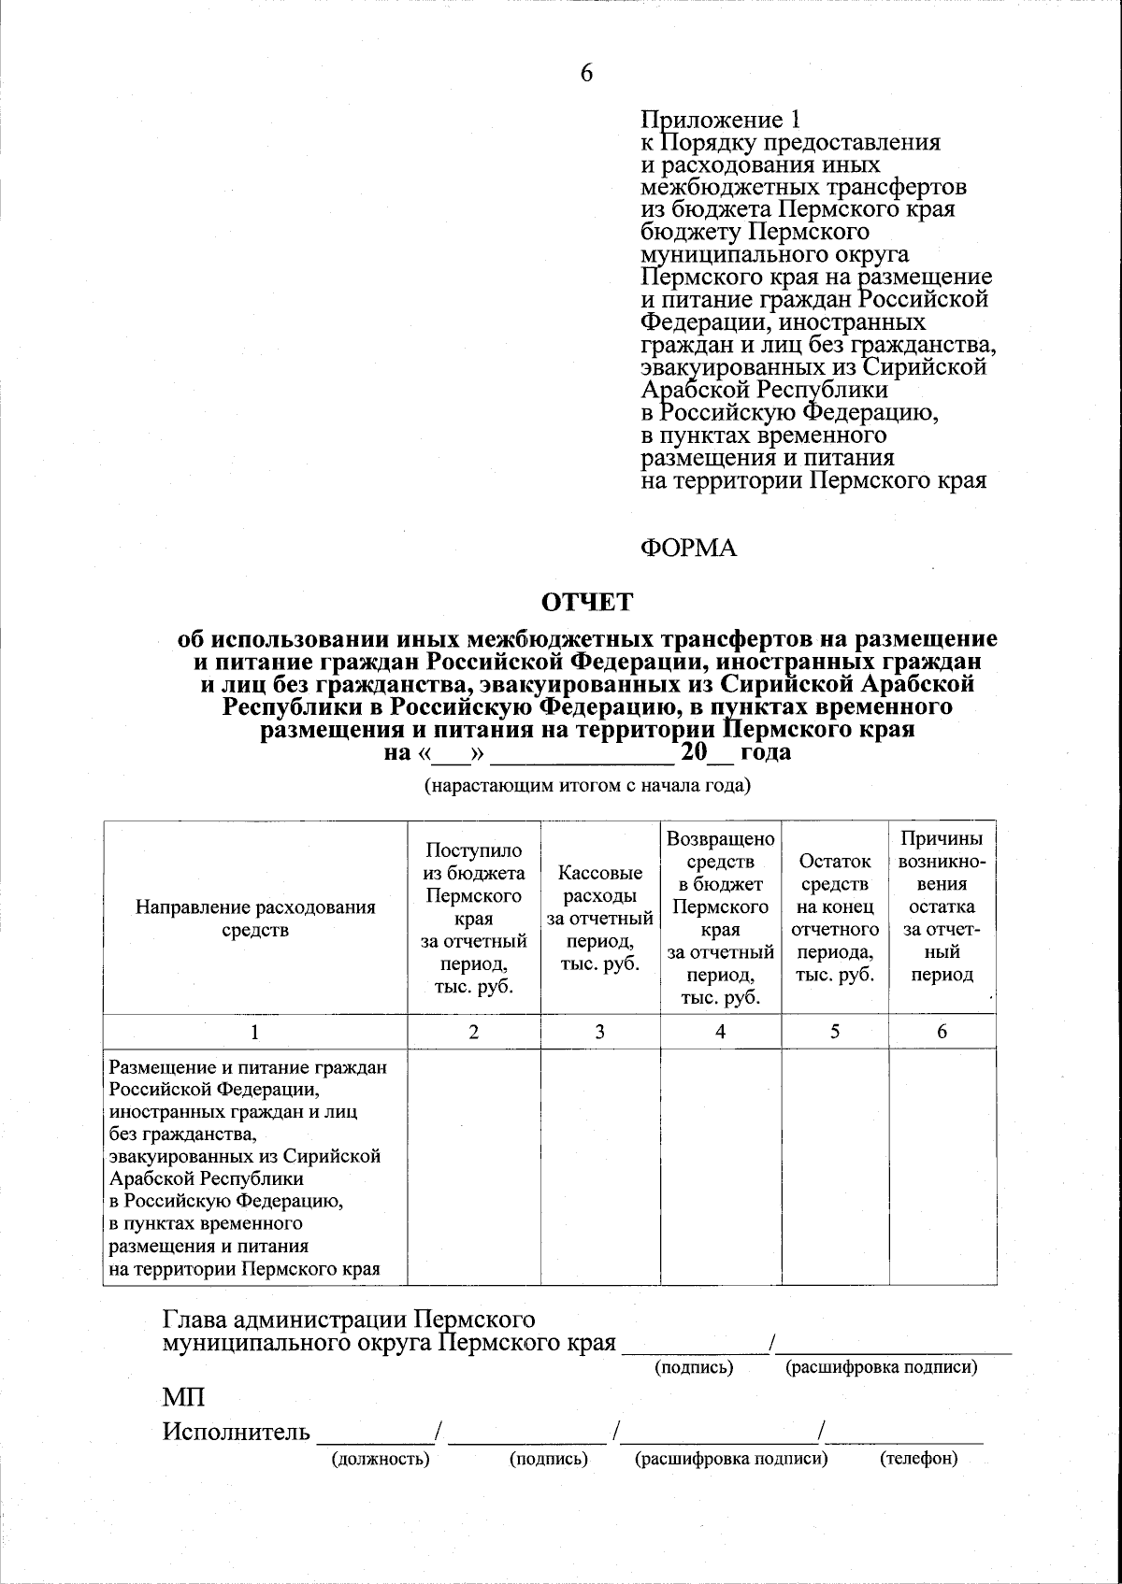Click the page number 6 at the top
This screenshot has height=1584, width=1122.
[586, 74]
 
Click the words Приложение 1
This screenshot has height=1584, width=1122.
[720, 121]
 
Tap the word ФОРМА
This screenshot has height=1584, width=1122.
[688, 549]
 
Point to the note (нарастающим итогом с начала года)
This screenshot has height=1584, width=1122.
[588, 785]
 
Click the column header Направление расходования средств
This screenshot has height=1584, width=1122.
[255, 918]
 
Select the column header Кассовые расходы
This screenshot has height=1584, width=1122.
[599, 918]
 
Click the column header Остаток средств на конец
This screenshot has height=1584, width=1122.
[835, 918]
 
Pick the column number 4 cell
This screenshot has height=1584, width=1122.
[720, 1032]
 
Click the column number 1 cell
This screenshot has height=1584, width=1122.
[255, 1032]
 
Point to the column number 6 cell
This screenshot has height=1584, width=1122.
[942, 1032]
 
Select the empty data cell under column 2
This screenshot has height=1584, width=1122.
[474, 1166]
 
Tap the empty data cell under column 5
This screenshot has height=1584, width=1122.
[835, 1166]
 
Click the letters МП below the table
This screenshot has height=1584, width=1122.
[183, 1398]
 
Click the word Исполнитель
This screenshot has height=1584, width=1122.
[237, 1432]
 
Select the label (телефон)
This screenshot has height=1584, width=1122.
[919, 1459]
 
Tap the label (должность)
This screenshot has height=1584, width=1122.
[381, 1459]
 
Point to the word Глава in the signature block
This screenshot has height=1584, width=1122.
[196, 1320]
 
